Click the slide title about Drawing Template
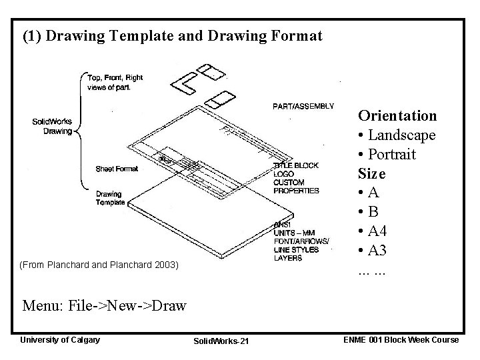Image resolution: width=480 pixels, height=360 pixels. pyautogui.click(x=172, y=36)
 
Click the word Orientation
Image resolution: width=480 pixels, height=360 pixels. pyautogui.click(x=397, y=116)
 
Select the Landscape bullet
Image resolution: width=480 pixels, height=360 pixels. pyautogui.click(x=397, y=135)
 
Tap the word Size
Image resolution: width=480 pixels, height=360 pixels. pyautogui.click(x=371, y=174)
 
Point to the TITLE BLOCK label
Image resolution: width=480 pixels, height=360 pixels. pyautogui.click(x=296, y=165)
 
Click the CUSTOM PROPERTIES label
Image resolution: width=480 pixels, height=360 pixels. pyautogui.click(x=296, y=187)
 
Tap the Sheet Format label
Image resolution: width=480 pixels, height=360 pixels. pyautogui.click(x=117, y=169)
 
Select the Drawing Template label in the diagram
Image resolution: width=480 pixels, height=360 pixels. pyautogui.click(x=110, y=198)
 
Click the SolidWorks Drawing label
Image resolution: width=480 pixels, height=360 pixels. pyautogui.click(x=52, y=126)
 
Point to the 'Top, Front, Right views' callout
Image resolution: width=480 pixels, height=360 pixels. pyautogui.click(x=115, y=82)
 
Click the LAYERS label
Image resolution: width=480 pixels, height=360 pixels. pyautogui.click(x=288, y=258)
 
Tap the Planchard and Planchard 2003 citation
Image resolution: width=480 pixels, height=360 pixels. pyautogui.click(x=101, y=265)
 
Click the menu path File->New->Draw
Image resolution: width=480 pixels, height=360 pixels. pyautogui.click(x=104, y=307)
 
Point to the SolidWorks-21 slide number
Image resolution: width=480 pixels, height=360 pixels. pyautogui.click(x=221, y=341)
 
